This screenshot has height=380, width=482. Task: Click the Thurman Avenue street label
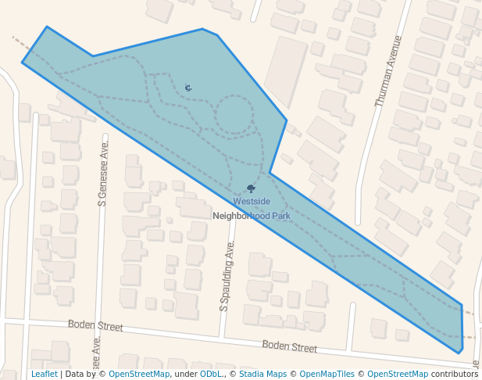point(388,71)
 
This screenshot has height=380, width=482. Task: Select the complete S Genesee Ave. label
point(102,170)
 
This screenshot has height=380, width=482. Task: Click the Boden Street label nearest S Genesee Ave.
point(95,325)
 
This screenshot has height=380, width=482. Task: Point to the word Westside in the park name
point(252,202)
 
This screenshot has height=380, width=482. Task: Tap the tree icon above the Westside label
point(251,188)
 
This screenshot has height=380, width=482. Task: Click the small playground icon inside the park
point(187,86)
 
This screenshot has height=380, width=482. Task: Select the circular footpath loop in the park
point(234,115)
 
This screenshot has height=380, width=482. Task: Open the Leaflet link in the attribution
point(44,375)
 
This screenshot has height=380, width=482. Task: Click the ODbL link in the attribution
point(210,375)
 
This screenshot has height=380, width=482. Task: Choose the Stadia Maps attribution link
point(262,375)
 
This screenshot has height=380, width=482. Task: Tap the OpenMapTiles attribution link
point(327,375)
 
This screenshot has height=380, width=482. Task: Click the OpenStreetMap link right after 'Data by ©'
point(139,375)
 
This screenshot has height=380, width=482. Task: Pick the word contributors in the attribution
point(455,375)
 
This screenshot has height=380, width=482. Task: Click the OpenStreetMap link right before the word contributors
point(398,375)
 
